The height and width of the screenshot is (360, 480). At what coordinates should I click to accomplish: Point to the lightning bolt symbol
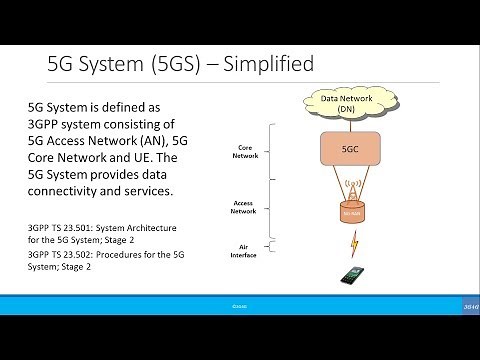click(x=353, y=242)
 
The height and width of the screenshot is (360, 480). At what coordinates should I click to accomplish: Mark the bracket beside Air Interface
click(x=264, y=251)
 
